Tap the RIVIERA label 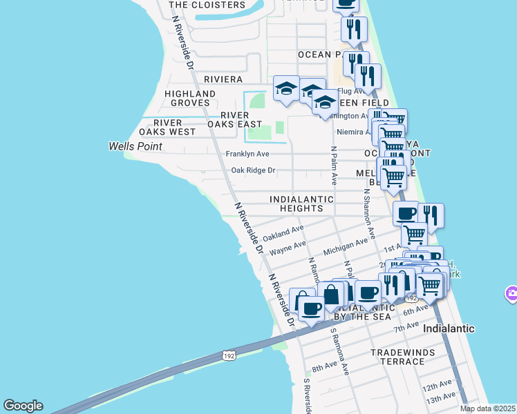pos(223,79)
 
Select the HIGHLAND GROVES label pos(190,98)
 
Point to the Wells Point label pos(135,146)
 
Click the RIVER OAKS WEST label pos(167,127)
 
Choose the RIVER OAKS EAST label pos(236,119)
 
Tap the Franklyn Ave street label pos(247,154)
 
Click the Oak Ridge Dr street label pos(253,170)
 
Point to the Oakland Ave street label pos(283,233)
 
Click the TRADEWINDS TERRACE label pos(402,357)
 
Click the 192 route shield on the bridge pos(229,356)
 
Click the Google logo pos(23,406)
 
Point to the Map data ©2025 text pos(487,408)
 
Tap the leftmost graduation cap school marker pos(286,88)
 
